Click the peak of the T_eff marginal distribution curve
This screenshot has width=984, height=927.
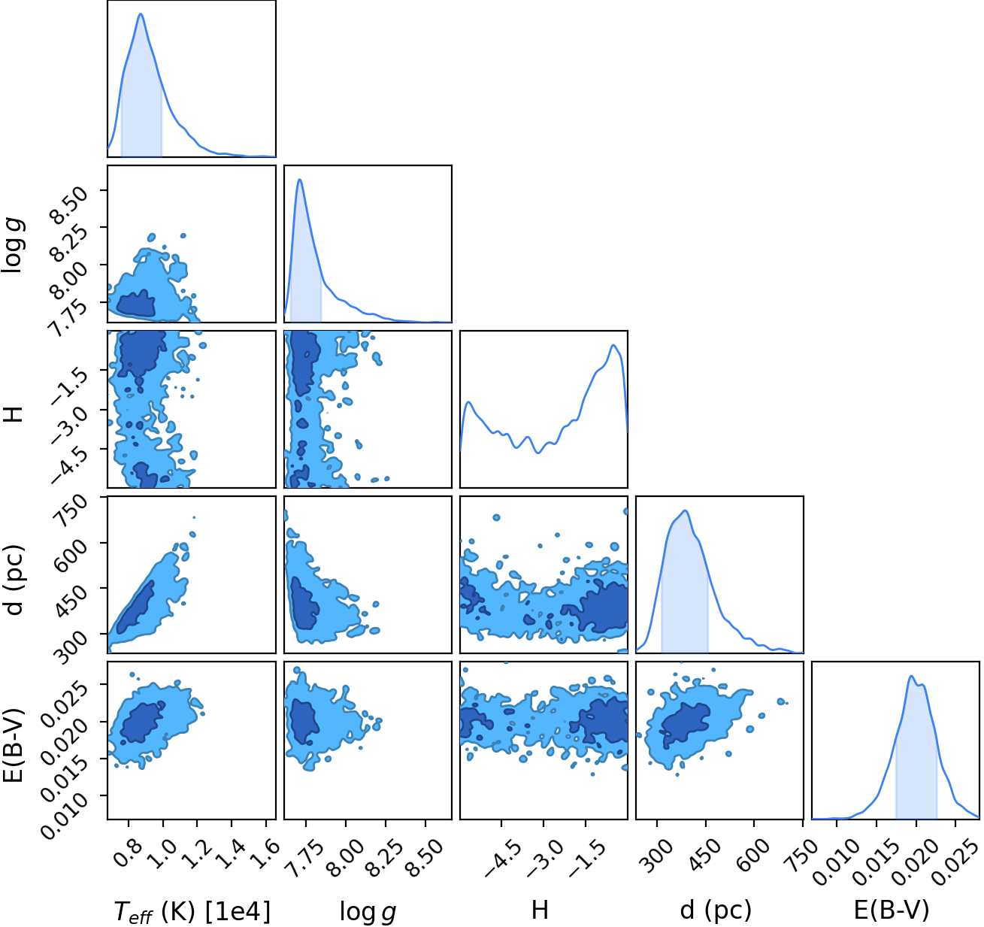[141, 14]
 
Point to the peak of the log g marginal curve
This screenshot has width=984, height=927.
[300, 180]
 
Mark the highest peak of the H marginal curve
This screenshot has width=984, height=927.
[613, 345]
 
